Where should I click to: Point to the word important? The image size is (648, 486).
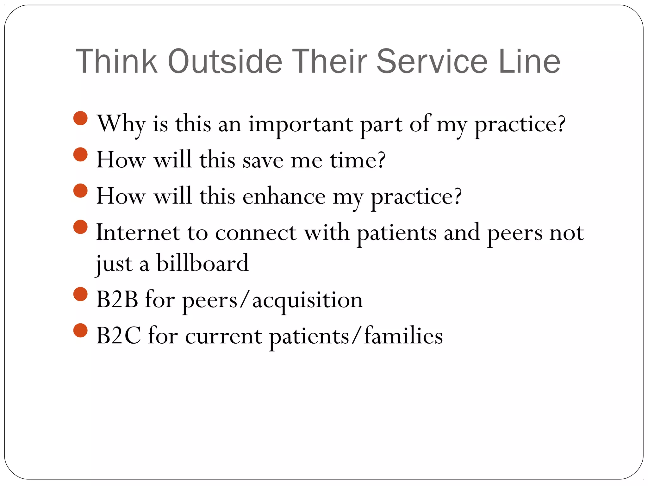(300, 124)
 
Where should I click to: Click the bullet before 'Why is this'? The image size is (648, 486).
(80, 118)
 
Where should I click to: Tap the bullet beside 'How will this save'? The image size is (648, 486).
(80, 154)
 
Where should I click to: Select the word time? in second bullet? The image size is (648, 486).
(358, 160)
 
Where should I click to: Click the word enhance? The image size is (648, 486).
(284, 196)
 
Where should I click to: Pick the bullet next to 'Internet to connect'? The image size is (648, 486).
(80, 227)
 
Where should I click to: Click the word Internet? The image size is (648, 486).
(138, 233)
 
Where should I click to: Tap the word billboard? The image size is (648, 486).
(202, 263)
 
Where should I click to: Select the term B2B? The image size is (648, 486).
(117, 299)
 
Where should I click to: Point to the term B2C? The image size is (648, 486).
(118, 336)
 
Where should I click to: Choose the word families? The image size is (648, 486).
(403, 336)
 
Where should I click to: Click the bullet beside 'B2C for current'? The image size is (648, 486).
(80, 330)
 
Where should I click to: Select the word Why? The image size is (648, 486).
(121, 124)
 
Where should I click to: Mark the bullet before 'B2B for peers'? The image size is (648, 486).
(80, 294)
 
